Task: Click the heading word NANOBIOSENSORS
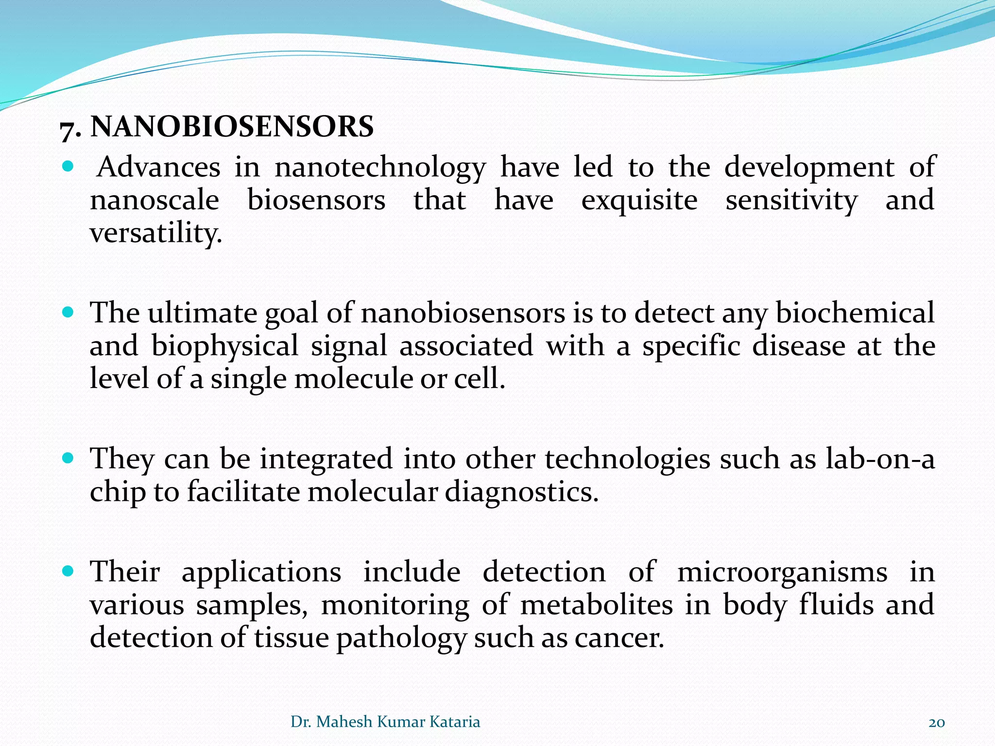point(232,127)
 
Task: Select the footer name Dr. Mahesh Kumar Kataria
point(385,722)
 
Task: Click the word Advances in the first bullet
point(158,167)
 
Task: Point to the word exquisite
point(639,200)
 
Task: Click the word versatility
point(155,233)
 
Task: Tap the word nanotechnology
point(380,168)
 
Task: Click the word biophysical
point(224,347)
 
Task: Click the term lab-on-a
point(880,458)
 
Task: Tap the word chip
point(118,492)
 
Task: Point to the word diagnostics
point(521,492)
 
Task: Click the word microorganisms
point(782,572)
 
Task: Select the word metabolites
point(597,605)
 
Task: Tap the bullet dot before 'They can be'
point(68,458)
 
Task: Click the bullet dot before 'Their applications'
point(68,571)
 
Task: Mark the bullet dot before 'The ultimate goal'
point(68,312)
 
